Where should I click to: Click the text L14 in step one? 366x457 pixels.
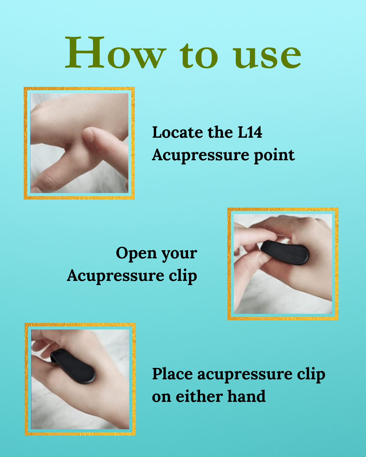click(250, 132)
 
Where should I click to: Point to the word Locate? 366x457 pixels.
click(178, 132)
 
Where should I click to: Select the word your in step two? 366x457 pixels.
click(179, 254)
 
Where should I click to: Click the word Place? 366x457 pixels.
click(172, 374)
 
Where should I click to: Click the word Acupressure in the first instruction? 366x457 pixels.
click(201, 155)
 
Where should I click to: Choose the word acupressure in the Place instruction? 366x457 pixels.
click(245, 375)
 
